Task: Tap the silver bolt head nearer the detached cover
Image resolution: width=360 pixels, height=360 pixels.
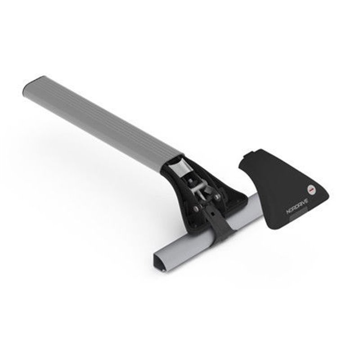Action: click(x=218, y=197)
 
